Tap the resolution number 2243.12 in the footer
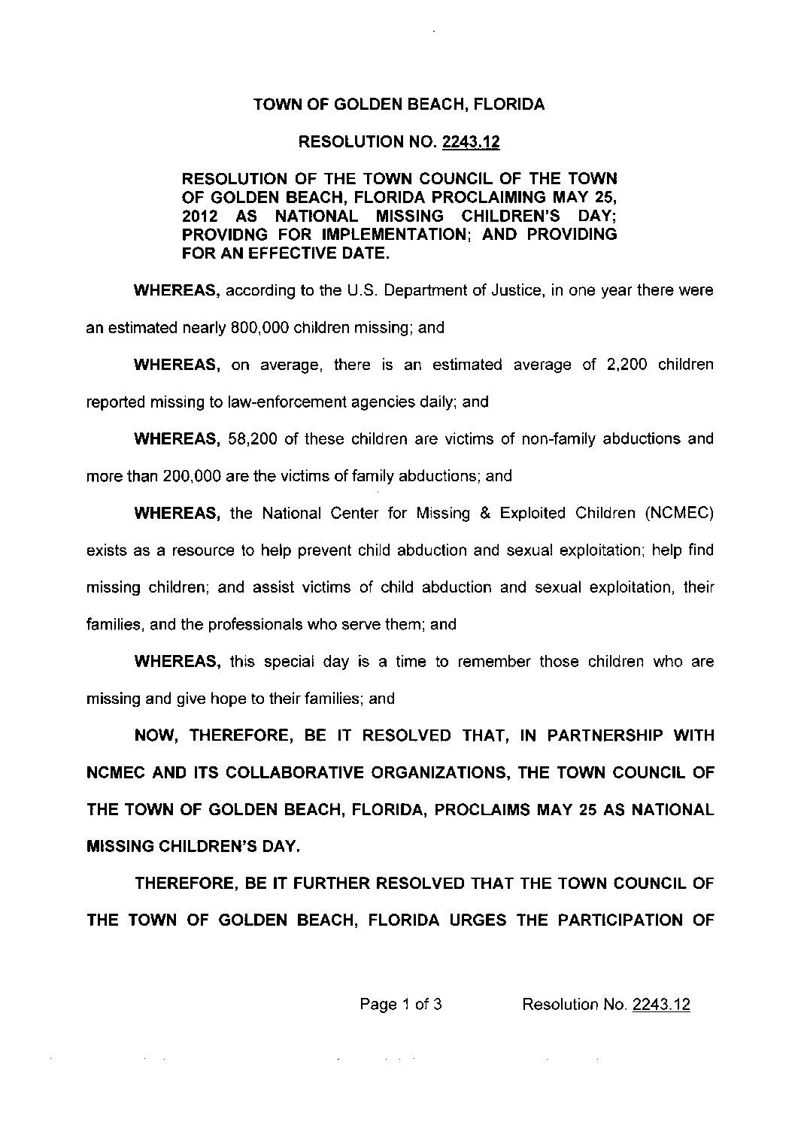click(662, 1005)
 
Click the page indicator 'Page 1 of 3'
click(401, 1005)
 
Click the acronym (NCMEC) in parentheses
click(678, 514)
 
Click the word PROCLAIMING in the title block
click(496, 197)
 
